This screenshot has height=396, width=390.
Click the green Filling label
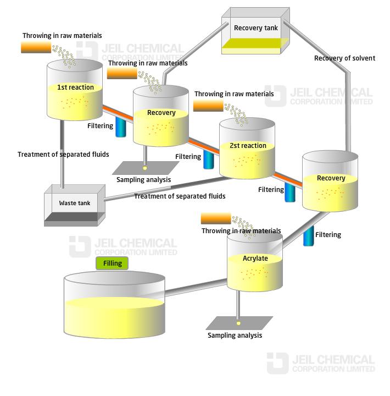(112, 263)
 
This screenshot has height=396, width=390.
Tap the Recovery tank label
(256, 28)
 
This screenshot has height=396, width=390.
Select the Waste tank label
(75, 203)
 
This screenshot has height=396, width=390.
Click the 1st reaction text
(75, 87)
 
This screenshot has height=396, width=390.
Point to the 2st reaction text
(248, 145)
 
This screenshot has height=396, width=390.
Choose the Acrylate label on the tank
(255, 258)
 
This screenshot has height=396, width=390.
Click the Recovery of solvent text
(344, 58)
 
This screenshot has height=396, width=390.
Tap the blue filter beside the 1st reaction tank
(121, 127)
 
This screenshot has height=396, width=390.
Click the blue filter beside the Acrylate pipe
(308, 236)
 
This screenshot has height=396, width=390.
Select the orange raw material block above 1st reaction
(36, 47)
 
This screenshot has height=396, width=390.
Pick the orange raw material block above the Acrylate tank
(216, 218)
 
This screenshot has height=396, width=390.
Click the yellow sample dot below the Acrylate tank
(238, 323)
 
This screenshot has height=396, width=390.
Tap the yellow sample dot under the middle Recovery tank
(145, 168)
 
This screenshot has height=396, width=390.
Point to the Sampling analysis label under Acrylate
(235, 335)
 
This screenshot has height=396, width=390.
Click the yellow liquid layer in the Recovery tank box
(255, 43)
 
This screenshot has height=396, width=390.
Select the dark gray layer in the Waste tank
(75, 217)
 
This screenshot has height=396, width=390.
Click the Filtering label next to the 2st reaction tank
(188, 157)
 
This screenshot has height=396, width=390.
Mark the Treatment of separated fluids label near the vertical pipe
(63, 155)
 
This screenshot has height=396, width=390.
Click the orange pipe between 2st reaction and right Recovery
(288, 179)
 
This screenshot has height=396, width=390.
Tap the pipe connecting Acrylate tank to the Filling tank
(196, 287)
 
